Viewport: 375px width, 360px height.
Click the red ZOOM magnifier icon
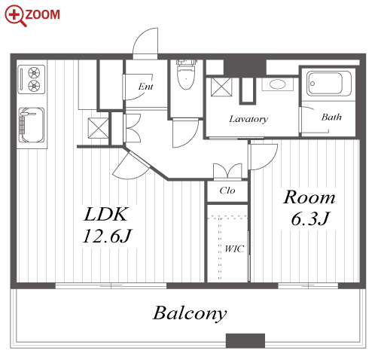pos(16,16)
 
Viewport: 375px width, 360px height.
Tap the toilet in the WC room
pos(186,75)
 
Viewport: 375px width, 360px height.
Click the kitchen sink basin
pos(32,125)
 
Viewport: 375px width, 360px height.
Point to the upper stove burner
pos(34,72)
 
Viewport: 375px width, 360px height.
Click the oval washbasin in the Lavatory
pos(277,84)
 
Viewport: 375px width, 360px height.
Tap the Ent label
pos(145,87)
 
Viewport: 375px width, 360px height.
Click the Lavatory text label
pos(248,119)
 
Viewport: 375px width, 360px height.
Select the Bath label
pos(331,117)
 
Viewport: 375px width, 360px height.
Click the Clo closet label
pos(227,191)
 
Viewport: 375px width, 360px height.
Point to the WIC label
pos(234,249)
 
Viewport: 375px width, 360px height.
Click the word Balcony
pos(190,313)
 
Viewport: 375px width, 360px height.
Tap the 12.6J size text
pos(107,236)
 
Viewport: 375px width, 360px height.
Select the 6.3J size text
pos(310,218)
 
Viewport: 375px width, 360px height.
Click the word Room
pos(309,197)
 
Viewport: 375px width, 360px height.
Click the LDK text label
pos(105,214)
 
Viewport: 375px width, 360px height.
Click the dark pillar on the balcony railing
pos(245,340)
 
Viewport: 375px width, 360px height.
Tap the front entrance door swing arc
pos(139,36)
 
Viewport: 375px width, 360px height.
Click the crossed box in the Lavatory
pos(221,87)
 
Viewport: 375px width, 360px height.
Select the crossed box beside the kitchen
pos(98,128)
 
